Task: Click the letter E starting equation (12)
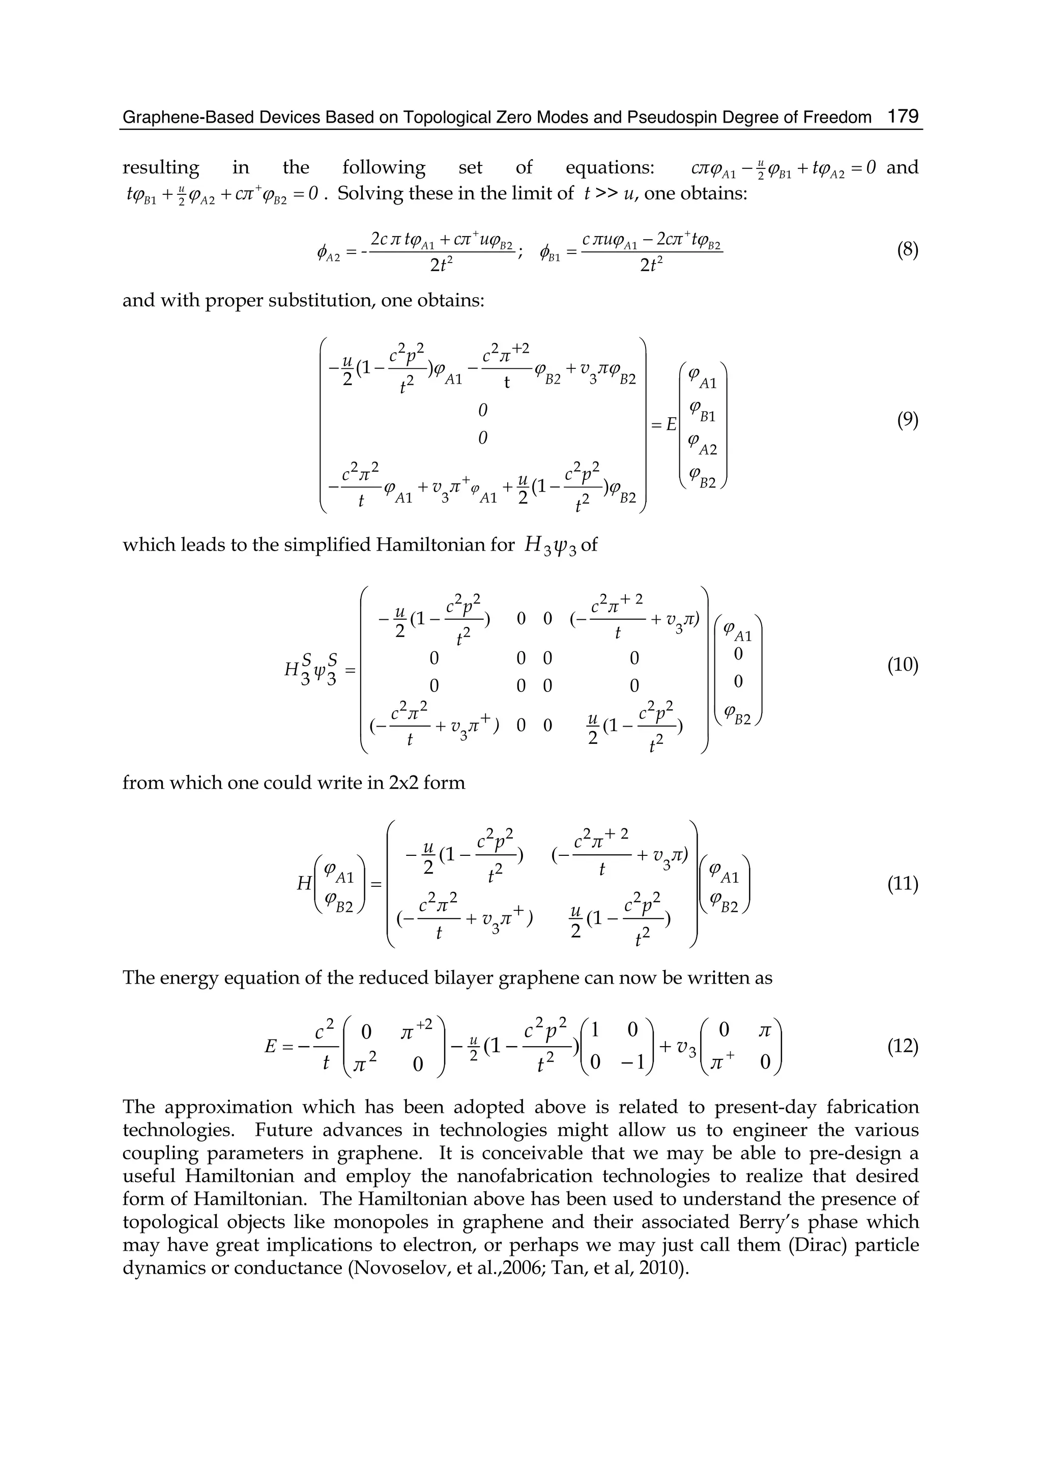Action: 271,1047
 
